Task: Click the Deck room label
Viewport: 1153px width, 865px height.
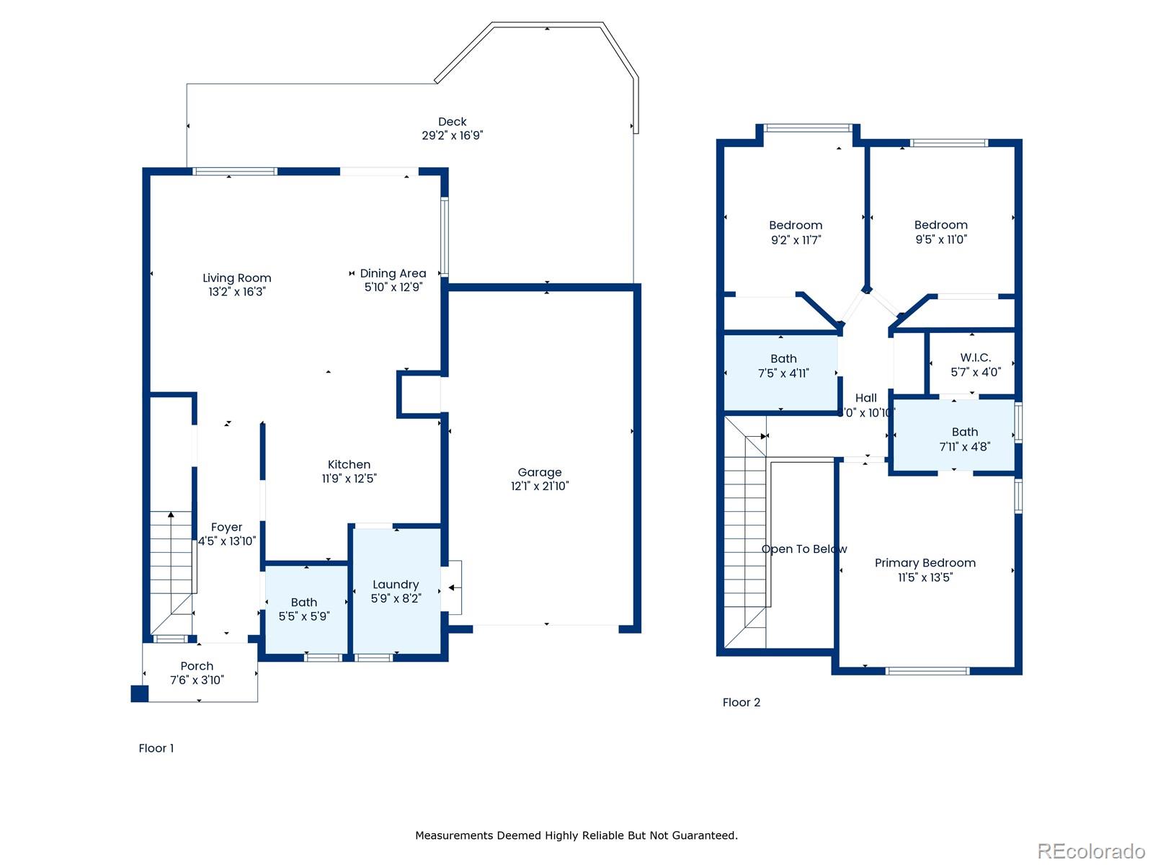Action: click(x=453, y=122)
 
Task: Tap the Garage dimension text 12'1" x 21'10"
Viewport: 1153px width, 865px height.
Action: click(x=540, y=487)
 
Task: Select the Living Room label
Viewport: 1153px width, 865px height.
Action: click(x=236, y=278)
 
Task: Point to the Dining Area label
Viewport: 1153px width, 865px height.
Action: click(x=393, y=273)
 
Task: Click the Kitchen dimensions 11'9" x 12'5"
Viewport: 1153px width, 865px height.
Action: click(x=349, y=479)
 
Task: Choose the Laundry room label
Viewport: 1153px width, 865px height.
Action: click(x=396, y=585)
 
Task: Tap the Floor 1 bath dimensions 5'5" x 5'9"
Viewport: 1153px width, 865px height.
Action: click(x=303, y=616)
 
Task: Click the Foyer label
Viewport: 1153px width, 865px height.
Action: click(x=226, y=528)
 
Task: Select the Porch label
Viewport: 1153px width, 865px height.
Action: click(x=197, y=666)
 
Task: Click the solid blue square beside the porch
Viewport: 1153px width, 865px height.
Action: click(x=139, y=693)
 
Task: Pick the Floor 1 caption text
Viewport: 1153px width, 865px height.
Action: click(x=156, y=748)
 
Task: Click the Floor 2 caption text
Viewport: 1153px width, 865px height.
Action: click(x=741, y=702)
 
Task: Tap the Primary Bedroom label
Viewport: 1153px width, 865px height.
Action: click(x=925, y=563)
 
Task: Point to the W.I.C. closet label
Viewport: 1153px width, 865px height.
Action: click(x=975, y=358)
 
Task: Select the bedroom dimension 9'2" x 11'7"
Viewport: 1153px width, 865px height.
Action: click(x=796, y=240)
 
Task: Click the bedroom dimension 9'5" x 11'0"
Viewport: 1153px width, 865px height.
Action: click(x=940, y=239)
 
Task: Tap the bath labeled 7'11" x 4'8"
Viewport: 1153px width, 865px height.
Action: click(x=964, y=439)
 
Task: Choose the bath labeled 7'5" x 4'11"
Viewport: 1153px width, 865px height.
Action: click(x=783, y=366)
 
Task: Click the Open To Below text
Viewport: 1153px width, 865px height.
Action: click(x=803, y=549)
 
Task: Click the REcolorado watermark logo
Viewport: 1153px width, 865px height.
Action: click(x=1090, y=851)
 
